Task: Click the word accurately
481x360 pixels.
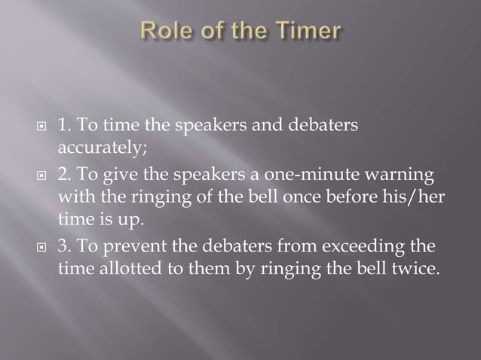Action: pyautogui.click(x=95, y=145)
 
